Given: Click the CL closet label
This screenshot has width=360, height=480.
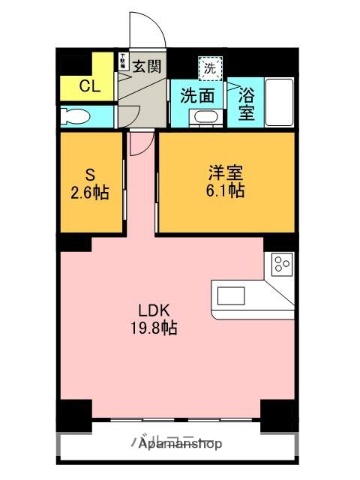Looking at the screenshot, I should pyautogui.click(x=89, y=86).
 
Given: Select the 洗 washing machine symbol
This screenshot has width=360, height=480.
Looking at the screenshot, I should pyautogui.click(x=209, y=69).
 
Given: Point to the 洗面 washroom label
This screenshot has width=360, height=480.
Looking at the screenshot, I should pyautogui.click(x=197, y=97).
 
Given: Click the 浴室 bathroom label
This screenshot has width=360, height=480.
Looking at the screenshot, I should pyautogui.click(x=246, y=105).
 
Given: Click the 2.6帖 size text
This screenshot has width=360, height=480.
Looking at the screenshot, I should pyautogui.click(x=89, y=192).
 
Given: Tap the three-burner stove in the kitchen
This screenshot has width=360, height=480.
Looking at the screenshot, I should pyautogui.click(x=281, y=266).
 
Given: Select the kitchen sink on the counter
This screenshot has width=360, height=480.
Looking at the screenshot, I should pyautogui.click(x=233, y=295).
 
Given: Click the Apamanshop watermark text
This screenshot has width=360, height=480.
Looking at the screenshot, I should pyautogui.click(x=181, y=444).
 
